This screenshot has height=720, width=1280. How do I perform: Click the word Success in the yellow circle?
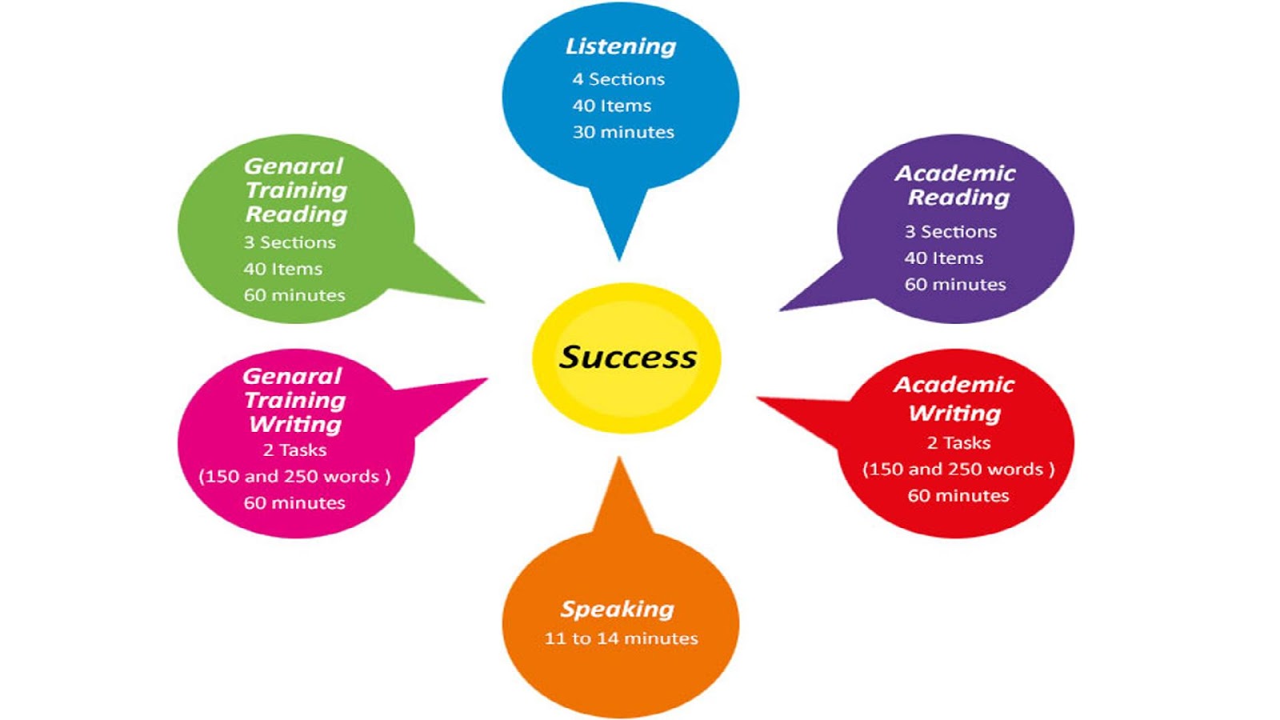pos(627,357)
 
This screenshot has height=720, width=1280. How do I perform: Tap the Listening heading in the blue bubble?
pos(621,46)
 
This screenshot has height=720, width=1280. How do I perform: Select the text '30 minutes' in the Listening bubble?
pos(623,132)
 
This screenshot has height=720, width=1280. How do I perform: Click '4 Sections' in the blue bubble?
pos(618,79)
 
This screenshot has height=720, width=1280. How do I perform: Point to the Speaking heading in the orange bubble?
pos(617,610)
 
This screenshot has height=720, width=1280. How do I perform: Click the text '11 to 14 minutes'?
pos(621,638)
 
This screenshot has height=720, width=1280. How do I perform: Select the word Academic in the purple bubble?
pos(955,174)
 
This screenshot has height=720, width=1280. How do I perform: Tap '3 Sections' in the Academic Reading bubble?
pos(950,232)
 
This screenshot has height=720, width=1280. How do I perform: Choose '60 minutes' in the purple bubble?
pos(955,285)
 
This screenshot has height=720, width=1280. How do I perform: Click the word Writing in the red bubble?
pos(954,414)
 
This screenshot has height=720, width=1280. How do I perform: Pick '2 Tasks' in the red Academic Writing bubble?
pos(958,443)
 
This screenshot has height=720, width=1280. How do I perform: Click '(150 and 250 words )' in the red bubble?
pos(958,470)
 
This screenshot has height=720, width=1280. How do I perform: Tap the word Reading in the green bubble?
pos(296,214)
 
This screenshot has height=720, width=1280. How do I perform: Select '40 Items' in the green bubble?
pos(283,269)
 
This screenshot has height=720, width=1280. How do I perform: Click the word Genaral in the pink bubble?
pos(292,376)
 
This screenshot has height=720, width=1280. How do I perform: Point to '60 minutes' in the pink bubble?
pos(294,503)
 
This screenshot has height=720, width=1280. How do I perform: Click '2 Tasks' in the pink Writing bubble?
pos(294,450)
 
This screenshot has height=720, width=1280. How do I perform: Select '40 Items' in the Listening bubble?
pos(611,106)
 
